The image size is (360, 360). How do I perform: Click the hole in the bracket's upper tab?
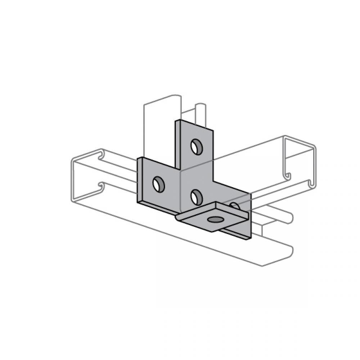coord(197,147)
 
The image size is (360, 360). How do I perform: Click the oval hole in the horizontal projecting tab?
coord(215,219)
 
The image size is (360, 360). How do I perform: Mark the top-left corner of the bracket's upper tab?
coord(176,121)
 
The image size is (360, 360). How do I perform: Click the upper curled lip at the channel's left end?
coord(100,154)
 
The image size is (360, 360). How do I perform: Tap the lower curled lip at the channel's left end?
coord(101,186)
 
